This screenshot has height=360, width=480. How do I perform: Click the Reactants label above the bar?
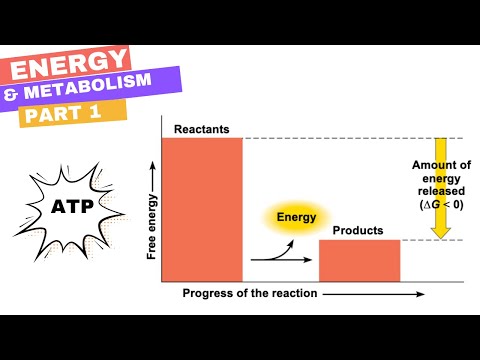pos(202,129)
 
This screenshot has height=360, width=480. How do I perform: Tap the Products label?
pos(358,231)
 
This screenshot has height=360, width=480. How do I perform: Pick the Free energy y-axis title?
pos(152,227)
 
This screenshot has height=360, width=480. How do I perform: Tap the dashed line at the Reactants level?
pos(340,138)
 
